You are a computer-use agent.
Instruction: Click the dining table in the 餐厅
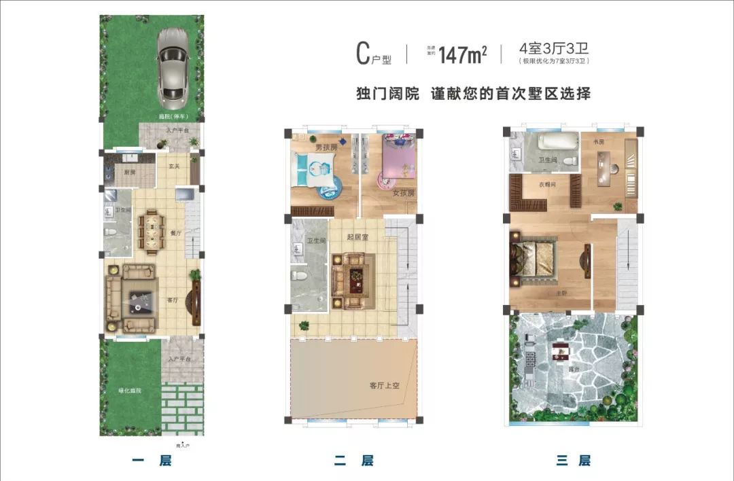(151, 232)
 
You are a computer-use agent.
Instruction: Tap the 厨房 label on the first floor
(130, 173)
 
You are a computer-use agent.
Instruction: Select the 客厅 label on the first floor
(173, 300)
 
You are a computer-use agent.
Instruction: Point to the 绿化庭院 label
(129, 391)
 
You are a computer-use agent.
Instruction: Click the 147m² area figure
(463, 54)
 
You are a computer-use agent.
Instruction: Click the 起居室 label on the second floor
(357, 237)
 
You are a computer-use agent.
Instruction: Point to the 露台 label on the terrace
(574, 369)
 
